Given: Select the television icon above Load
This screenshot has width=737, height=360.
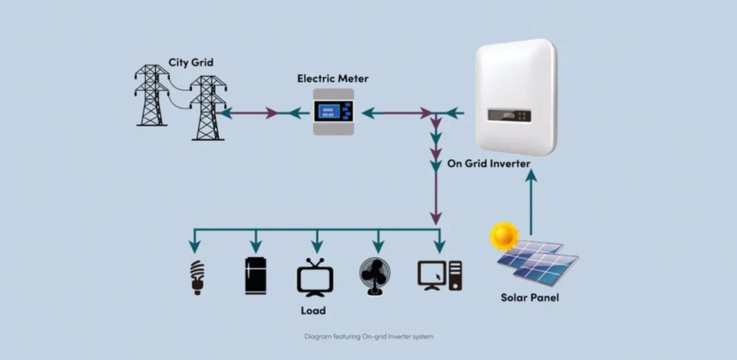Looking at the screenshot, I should click(x=315, y=277).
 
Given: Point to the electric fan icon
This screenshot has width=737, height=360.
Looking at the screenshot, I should click(x=375, y=276).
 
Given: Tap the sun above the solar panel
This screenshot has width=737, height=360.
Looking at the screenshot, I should click(x=504, y=236).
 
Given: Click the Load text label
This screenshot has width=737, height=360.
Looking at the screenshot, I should click(x=313, y=311).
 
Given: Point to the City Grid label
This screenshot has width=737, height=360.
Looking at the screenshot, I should click(x=191, y=62).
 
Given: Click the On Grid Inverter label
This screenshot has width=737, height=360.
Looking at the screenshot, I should click(x=489, y=163).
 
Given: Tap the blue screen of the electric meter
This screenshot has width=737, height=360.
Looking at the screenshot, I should click(x=327, y=112).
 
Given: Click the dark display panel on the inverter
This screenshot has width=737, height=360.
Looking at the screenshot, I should click(x=509, y=114).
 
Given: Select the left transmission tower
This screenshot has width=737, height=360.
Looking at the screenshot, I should click(x=151, y=95).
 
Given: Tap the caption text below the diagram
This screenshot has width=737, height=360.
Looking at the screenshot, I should click(x=368, y=336).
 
